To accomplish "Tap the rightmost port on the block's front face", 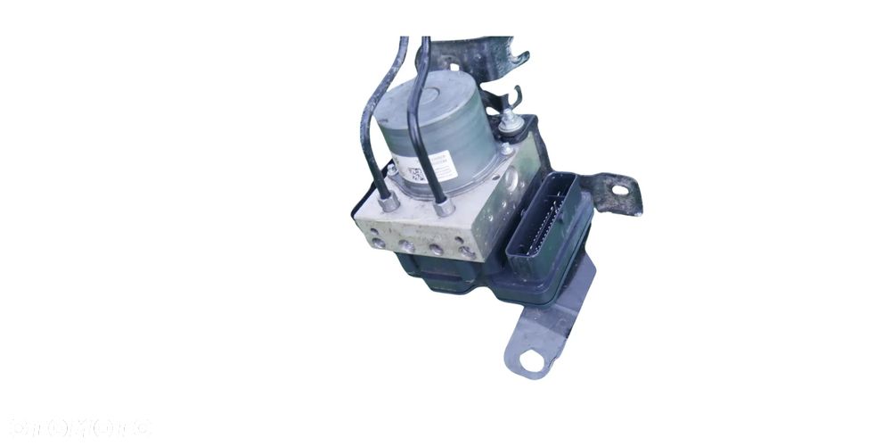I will pyautogui.click(x=467, y=252).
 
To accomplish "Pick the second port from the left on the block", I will pyautogui.click(x=406, y=244).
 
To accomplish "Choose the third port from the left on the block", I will pyautogui.click(x=437, y=249).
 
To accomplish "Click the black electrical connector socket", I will pyautogui.click(x=543, y=219).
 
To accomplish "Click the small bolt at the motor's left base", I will pyautogui.click(x=391, y=169).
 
